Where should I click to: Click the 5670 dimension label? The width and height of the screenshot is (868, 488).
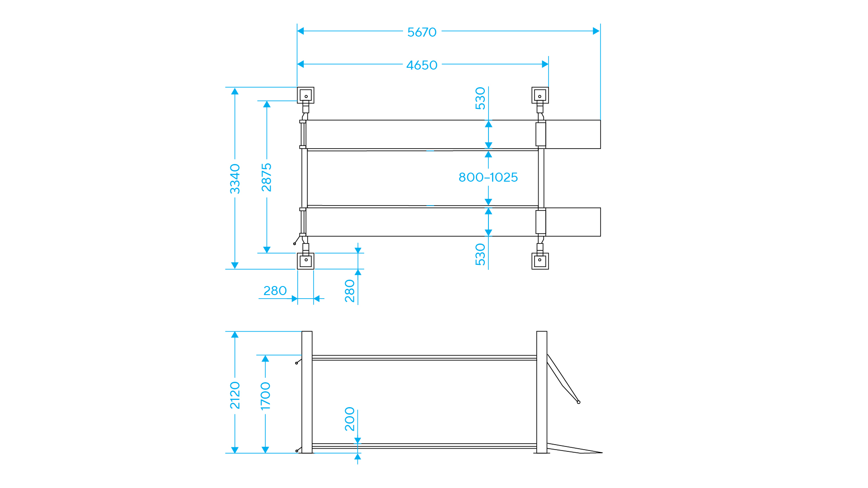[x=422, y=32]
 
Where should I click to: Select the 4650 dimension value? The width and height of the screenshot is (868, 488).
[x=422, y=65]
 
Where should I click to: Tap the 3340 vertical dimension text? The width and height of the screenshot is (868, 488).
[x=235, y=179]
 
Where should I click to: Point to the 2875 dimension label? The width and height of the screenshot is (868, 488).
[x=267, y=178]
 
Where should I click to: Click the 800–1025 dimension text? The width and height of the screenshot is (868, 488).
[x=488, y=177]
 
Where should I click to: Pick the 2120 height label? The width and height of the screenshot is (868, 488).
[x=235, y=395]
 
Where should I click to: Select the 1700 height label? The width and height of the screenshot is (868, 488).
[x=266, y=396]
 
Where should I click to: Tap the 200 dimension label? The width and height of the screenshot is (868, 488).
[x=350, y=419]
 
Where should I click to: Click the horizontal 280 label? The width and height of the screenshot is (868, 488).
[x=275, y=291]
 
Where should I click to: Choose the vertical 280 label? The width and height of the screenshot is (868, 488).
[x=350, y=291]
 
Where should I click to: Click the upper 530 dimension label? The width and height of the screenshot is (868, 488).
[x=480, y=99]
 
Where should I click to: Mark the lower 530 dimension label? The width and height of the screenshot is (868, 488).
[x=480, y=254]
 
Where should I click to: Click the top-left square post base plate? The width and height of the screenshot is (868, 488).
[x=305, y=95]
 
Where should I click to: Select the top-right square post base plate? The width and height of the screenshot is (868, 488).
[x=540, y=95]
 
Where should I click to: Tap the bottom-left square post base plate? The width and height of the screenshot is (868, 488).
[x=305, y=261]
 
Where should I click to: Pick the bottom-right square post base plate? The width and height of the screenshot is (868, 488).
[x=540, y=261]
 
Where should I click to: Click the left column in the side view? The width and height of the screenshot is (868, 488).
[x=307, y=392]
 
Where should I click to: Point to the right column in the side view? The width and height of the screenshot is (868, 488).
[x=542, y=392]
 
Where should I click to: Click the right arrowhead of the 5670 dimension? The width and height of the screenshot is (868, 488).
[x=596, y=31]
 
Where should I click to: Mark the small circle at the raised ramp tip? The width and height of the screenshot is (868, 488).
[x=578, y=402]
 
